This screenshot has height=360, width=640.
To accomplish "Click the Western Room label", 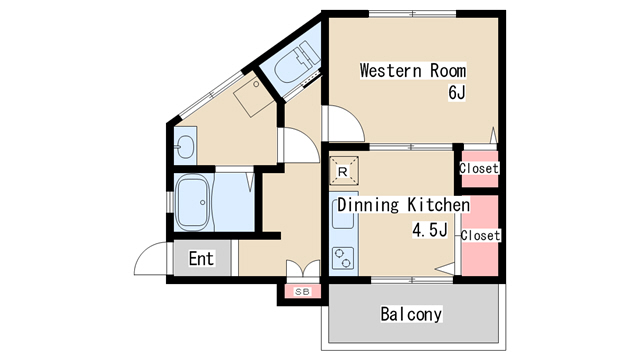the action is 413,71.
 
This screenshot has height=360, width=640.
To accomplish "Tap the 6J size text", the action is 457,93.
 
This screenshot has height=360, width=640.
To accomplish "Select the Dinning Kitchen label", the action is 403,205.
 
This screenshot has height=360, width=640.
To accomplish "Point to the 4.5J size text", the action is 430,230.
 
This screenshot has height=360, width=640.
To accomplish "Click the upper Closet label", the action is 479,168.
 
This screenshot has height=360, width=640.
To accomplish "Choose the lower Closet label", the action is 480,236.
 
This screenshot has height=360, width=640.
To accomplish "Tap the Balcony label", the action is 411,314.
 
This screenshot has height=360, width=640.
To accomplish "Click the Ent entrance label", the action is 201,259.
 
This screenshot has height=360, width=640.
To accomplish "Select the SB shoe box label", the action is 302,292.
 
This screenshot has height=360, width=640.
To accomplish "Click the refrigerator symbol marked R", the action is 343,171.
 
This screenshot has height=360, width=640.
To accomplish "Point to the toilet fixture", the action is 295,62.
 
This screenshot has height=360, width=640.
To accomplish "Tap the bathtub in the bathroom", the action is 193,202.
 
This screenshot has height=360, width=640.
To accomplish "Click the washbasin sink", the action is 186,146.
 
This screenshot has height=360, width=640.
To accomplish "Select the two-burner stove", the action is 342,258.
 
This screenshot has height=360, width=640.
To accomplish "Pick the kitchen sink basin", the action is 342,215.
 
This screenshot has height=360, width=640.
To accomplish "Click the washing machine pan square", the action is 254,95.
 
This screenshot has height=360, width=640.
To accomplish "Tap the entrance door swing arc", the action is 144,251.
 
